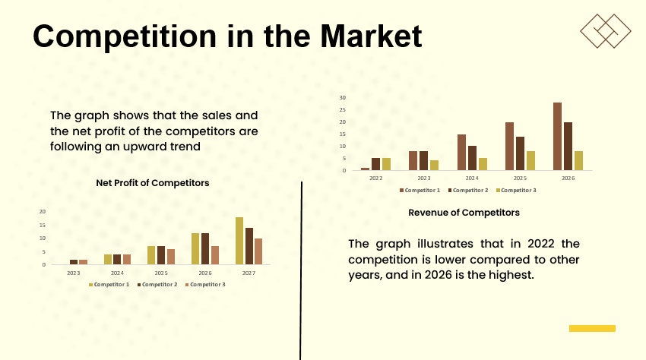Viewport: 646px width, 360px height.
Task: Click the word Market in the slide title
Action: coord(370,36)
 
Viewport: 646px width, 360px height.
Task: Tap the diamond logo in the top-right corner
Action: coord(606,30)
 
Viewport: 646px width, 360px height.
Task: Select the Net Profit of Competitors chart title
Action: coord(153,183)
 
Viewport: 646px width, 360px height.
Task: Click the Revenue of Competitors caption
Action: coord(464,213)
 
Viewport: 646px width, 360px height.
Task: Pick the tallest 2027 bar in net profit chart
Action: coord(239,241)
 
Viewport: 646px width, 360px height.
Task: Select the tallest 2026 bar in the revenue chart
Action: coord(557,136)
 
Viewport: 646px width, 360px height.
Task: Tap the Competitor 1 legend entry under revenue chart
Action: coord(420,190)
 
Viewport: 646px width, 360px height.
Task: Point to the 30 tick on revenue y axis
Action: coord(343,97)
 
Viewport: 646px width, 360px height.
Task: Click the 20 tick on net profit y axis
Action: coord(43,211)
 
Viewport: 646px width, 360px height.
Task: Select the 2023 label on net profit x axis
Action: coord(73,272)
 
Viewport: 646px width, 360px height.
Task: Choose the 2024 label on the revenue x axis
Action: coord(472,178)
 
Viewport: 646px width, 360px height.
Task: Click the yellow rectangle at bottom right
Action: coord(592,328)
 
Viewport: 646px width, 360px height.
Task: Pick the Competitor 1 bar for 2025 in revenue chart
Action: coord(509,146)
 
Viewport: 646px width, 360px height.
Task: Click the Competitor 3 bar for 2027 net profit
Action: coord(258,251)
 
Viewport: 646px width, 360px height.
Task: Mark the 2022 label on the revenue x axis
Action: coord(375,178)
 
